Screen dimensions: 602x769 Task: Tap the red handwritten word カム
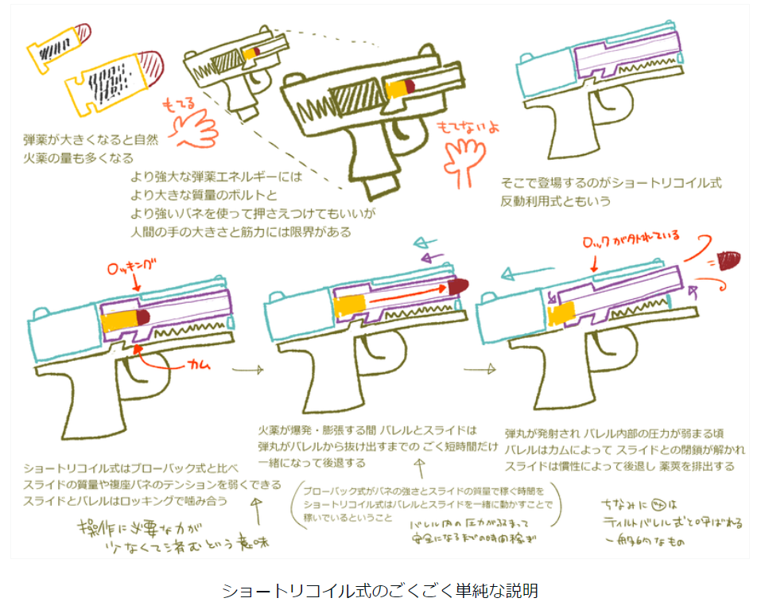(200, 365)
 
